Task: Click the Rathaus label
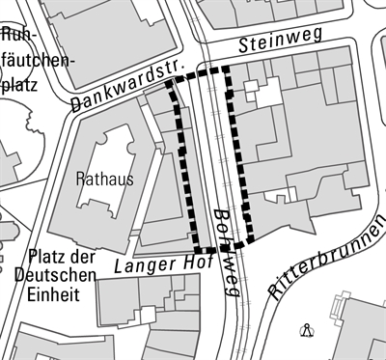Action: coord(104,179)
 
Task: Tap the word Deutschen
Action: coord(55,276)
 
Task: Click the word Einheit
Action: coord(47,295)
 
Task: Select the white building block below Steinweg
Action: coord(265,92)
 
